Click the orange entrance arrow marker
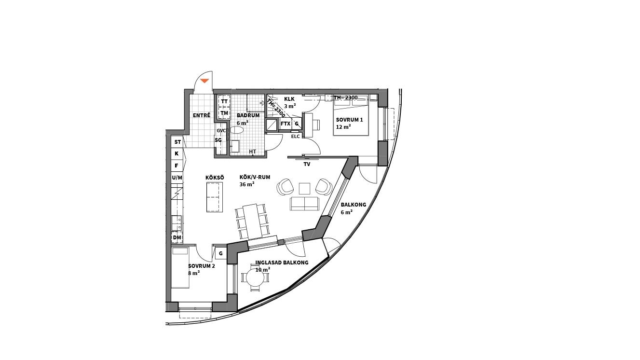204,81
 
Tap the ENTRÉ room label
202,115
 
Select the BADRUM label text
248,115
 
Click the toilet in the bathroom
237,130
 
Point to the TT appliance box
224,101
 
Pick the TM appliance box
224,113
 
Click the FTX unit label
286,124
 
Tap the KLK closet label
289,99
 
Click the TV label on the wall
307,164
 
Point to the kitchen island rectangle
215,197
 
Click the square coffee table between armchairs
305,188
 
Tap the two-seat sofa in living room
304,204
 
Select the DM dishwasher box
177,237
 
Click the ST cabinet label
177,142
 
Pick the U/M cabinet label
177,178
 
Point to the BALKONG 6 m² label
353,208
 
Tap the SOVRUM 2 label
202,266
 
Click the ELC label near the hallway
296,137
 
